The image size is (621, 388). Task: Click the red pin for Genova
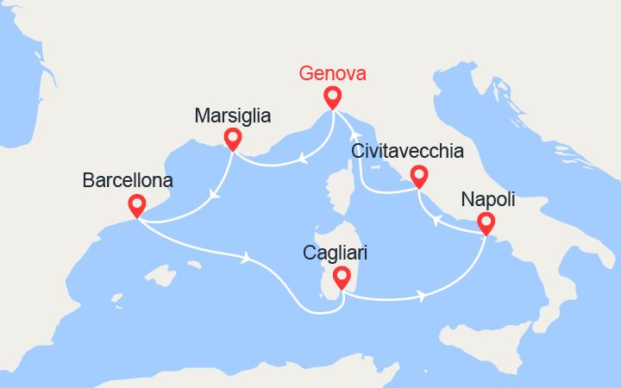point(332,96)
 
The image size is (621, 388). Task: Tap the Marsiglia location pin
point(231,137)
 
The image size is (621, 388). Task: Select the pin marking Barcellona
point(136,205)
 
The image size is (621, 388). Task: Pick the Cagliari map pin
point(342,277)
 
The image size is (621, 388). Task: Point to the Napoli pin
point(486,223)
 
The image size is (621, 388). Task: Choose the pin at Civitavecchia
point(418,175)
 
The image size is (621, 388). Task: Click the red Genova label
point(332,73)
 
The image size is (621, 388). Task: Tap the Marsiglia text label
point(233,115)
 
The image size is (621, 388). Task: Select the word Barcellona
point(127,181)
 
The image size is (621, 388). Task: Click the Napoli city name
point(488,200)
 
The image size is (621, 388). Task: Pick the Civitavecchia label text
point(408,152)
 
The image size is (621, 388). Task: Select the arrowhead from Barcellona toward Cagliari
point(248,256)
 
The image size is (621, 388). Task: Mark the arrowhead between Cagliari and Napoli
point(421,297)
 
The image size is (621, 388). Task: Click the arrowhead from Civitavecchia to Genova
point(353,134)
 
